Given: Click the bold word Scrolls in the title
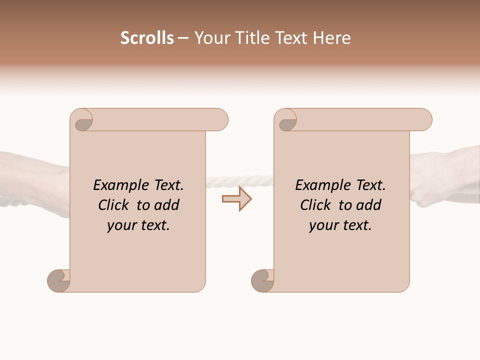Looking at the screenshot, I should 147,38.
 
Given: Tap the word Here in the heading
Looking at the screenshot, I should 331,38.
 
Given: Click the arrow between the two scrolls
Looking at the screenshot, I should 237,199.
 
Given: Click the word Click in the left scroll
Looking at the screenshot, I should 114,205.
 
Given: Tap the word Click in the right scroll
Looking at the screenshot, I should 316,205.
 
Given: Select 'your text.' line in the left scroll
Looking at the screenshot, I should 138,225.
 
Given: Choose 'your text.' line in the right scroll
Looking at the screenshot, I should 340,225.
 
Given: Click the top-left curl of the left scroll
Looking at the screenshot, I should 82,121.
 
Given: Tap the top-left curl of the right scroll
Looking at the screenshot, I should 287,121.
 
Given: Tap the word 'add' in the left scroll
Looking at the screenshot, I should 167,205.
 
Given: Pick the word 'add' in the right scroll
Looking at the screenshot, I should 369,205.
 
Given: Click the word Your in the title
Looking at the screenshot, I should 210,38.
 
